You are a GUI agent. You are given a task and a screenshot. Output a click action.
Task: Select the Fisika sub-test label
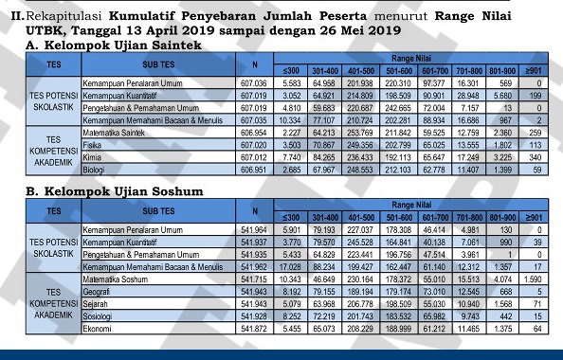pos(92,146)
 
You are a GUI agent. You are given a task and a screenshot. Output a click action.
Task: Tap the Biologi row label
pos(94,170)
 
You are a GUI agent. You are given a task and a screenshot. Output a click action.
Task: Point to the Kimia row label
pos(92,157)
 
